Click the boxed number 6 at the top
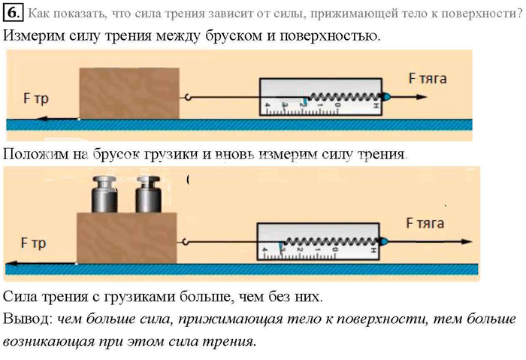point(14,14)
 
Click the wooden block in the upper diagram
point(129,93)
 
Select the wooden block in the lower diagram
point(127,237)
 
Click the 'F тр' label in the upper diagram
point(35,98)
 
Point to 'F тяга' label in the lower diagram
point(425,223)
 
